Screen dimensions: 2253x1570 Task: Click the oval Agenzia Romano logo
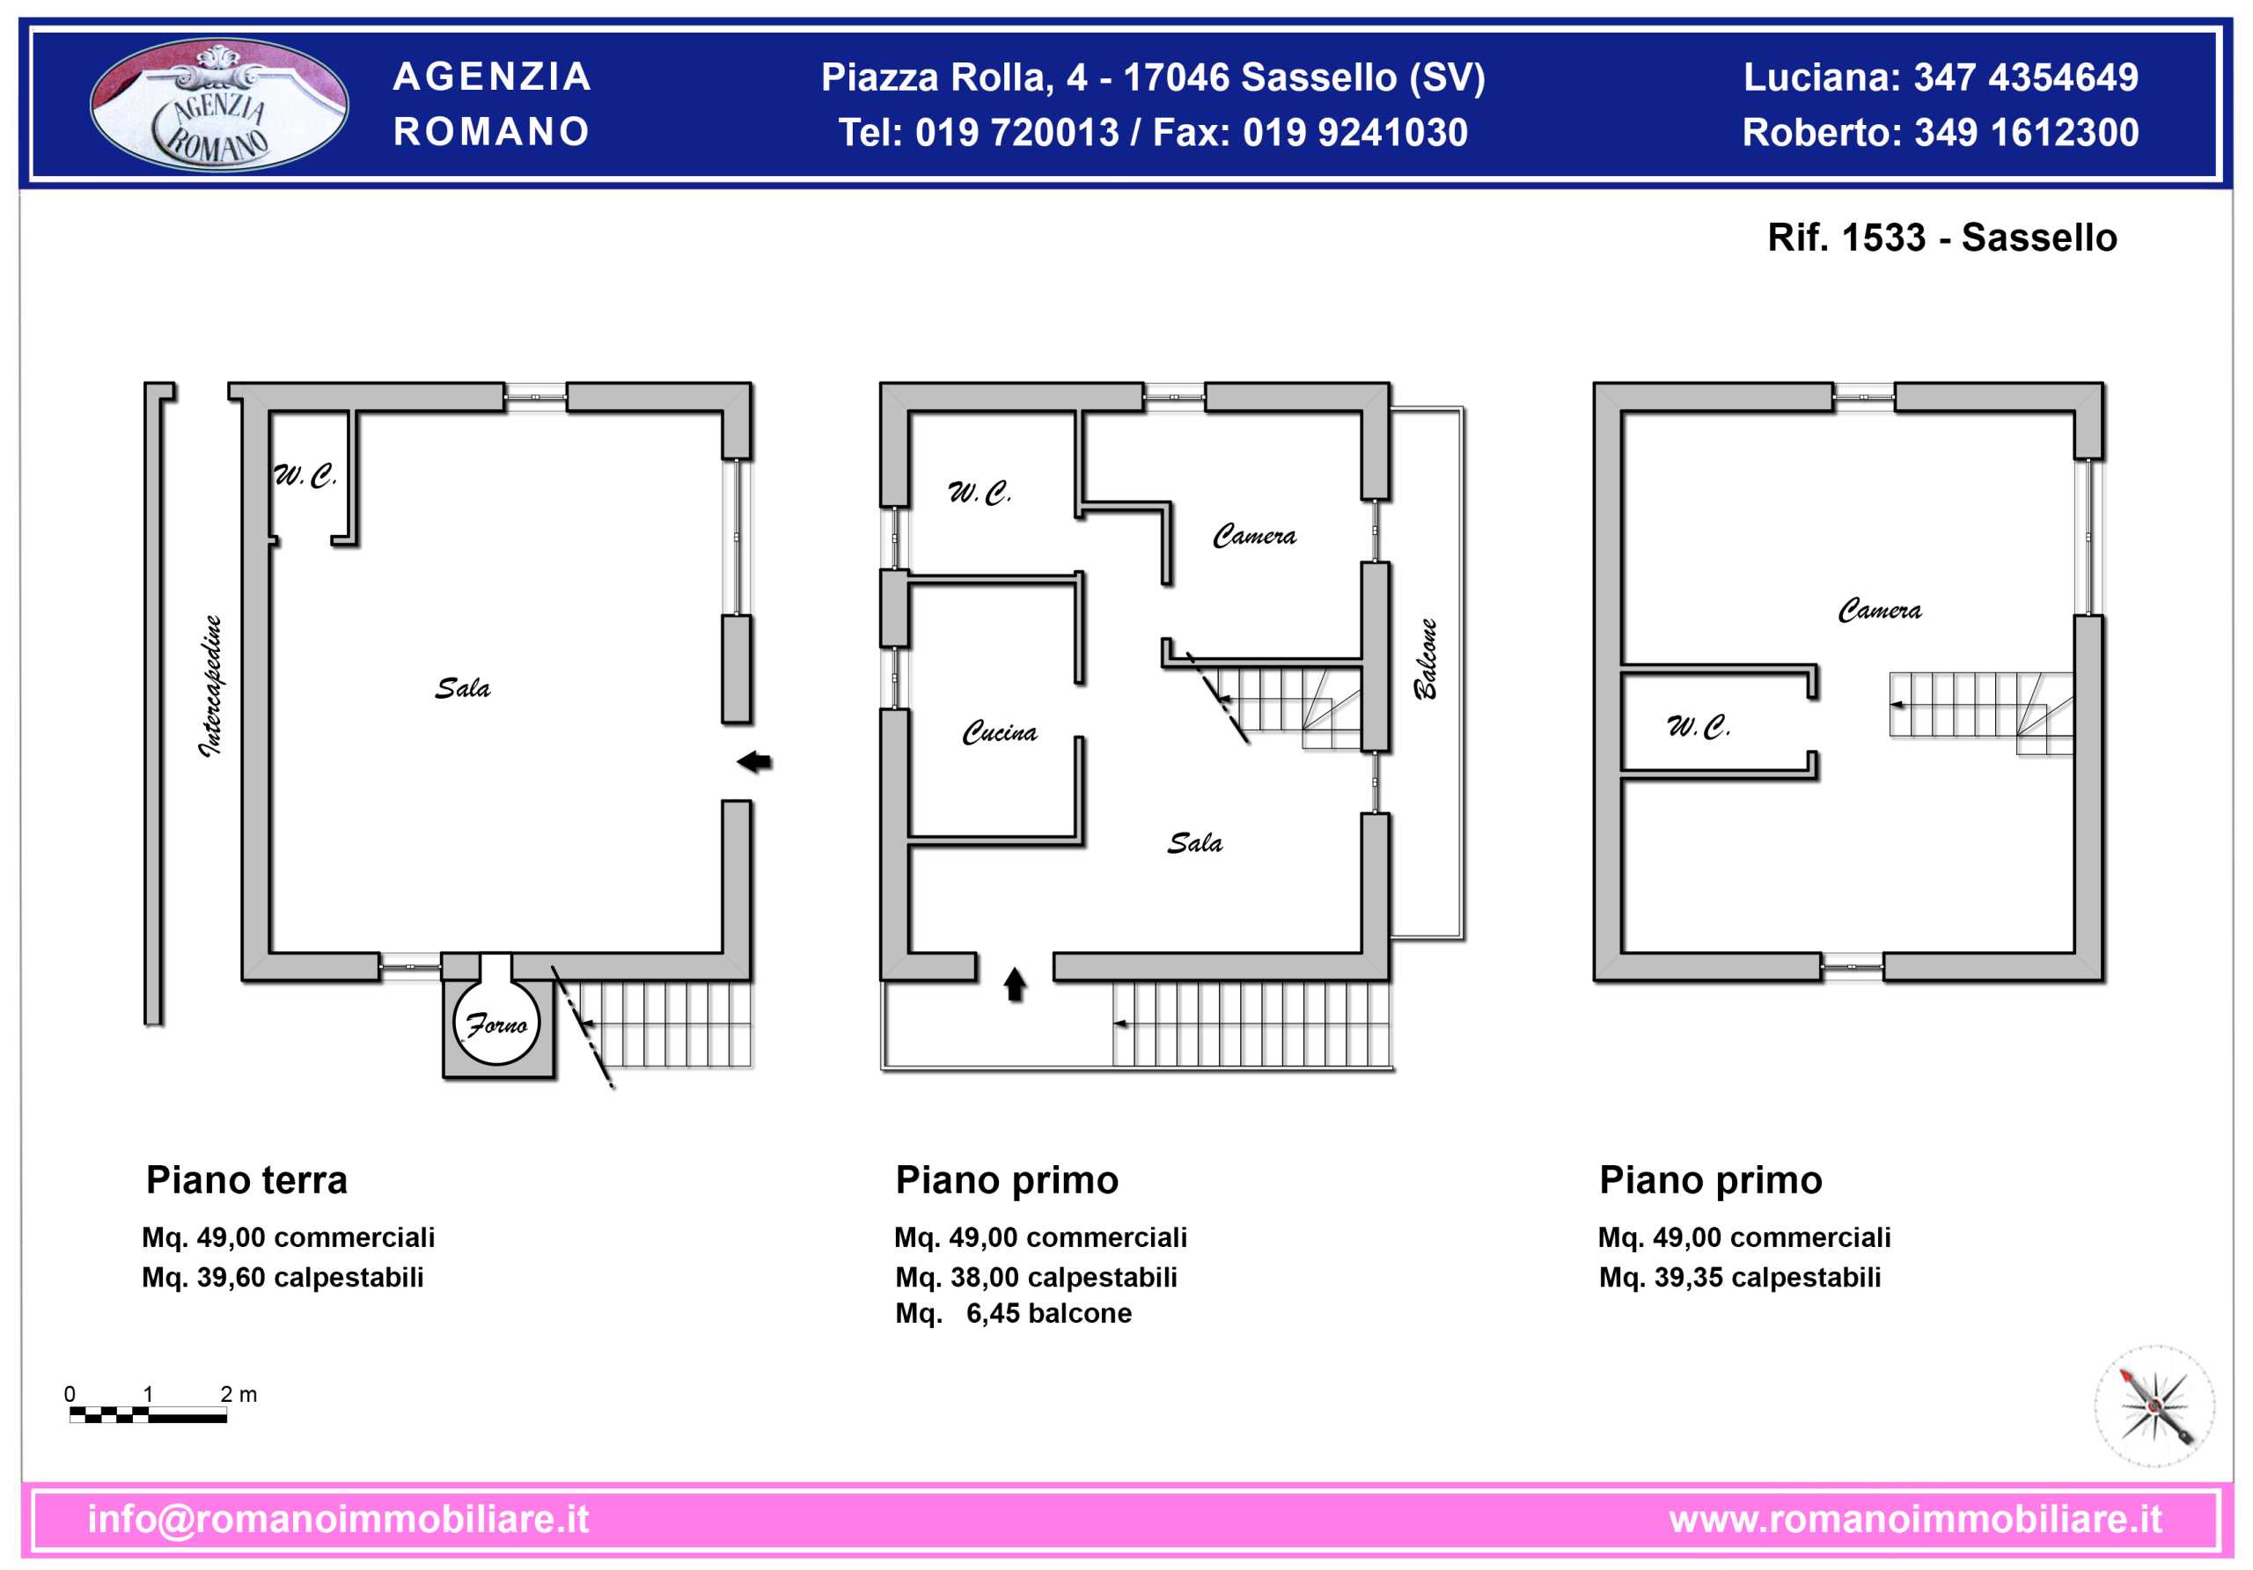point(219,104)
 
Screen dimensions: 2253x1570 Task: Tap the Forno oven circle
point(496,1023)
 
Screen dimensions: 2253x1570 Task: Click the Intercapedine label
point(212,686)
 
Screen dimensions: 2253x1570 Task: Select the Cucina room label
point(999,732)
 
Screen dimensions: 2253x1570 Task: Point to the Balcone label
point(1425,658)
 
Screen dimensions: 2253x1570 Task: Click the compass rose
point(2155,1406)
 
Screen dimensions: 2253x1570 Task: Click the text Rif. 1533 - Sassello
point(1942,238)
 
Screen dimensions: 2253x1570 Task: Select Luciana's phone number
point(2026,77)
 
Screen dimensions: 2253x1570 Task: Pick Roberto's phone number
point(2028,133)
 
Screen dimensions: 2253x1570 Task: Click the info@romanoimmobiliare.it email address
point(339,1519)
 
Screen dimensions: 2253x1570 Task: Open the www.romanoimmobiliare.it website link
point(1915,1519)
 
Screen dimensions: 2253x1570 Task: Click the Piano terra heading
point(246,1179)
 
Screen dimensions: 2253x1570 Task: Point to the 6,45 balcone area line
point(1014,1313)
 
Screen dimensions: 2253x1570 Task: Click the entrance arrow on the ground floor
point(753,761)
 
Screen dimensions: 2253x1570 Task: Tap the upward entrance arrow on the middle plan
point(1015,984)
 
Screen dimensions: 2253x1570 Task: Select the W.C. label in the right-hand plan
point(1699,727)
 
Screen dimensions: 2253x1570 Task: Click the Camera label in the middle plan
point(1254,536)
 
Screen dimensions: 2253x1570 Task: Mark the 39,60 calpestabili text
point(310,1278)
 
